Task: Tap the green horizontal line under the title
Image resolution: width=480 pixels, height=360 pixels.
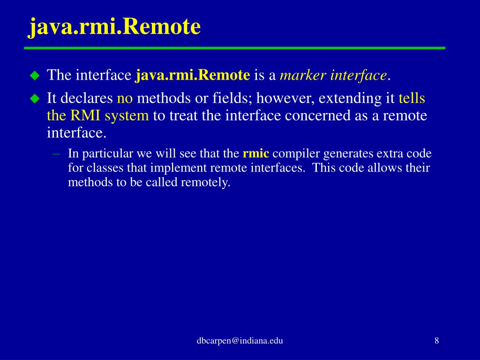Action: tap(234, 48)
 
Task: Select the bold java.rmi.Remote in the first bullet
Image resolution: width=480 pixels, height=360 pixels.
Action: tap(193, 75)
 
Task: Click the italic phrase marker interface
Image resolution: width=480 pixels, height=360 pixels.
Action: tap(333, 75)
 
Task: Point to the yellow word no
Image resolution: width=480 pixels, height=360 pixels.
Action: tap(125, 98)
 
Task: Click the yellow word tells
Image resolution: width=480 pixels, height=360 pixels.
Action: tap(412, 98)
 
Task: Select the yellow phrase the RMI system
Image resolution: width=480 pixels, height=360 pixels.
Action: tap(97, 115)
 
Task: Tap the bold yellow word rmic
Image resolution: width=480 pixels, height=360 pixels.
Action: tap(255, 154)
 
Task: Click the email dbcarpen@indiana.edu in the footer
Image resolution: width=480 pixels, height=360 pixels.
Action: tap(240, 341)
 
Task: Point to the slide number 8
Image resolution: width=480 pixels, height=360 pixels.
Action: tap(436, 341)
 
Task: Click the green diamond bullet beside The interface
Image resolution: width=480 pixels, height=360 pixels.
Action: tap(35, 75)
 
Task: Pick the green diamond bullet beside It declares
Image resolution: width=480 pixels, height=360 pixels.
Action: tap(35, 98)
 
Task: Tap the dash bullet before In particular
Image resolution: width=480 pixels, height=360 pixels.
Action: tap(56, 154)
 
